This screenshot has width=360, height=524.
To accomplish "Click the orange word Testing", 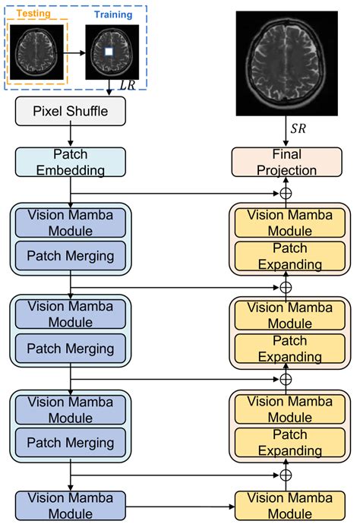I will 35,13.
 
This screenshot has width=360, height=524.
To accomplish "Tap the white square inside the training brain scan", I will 109,51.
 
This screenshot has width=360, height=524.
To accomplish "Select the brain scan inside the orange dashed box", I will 36,51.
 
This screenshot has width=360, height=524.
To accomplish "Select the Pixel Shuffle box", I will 69,112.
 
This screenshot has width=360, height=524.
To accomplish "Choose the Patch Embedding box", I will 69,162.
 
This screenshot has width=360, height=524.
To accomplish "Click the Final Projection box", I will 286,162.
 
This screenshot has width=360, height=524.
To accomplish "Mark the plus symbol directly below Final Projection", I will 286,193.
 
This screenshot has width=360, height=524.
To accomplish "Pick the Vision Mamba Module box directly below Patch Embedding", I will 70,222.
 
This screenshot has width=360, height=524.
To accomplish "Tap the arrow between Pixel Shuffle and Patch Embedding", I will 69,137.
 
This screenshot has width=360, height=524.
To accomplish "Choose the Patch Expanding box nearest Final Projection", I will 286,257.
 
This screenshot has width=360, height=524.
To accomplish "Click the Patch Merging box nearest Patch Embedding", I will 70,256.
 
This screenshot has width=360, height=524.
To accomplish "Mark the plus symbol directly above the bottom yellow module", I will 286,474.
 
